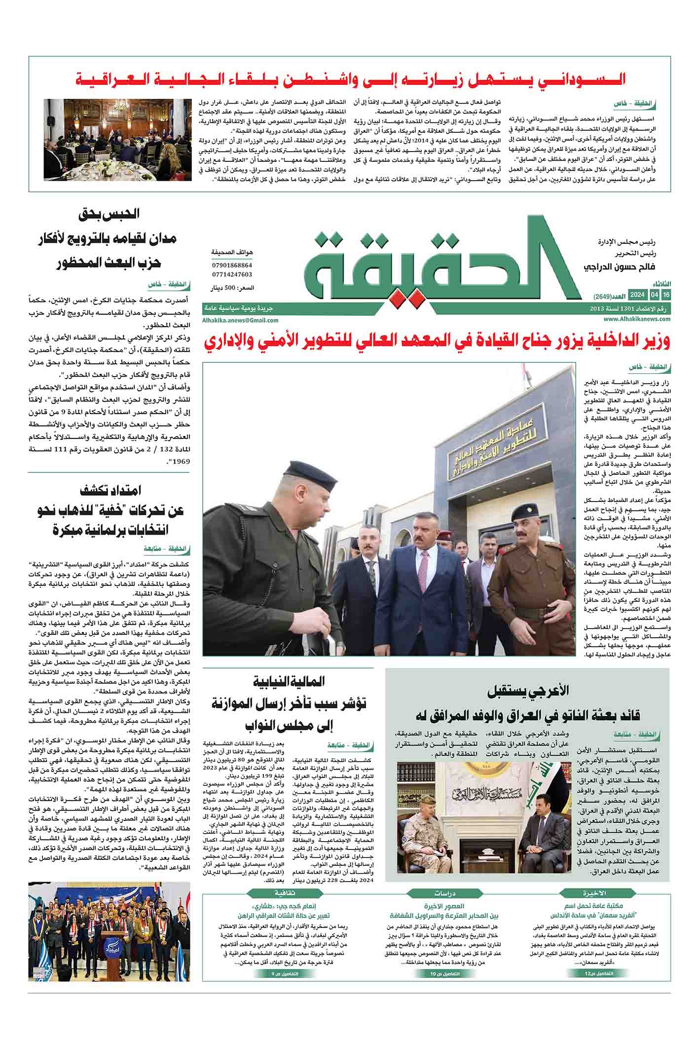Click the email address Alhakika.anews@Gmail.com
coord(240,320)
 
